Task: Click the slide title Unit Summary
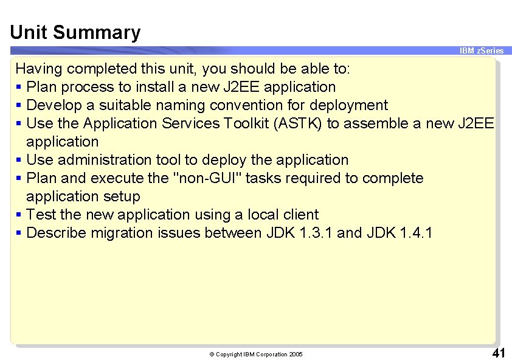75,32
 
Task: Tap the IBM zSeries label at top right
482,51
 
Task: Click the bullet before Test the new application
20,215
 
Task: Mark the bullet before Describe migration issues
20,234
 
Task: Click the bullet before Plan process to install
20,88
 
